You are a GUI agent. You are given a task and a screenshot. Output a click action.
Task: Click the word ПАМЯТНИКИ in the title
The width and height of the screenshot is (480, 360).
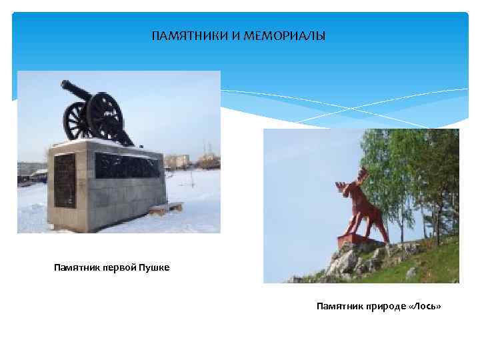point(190,35)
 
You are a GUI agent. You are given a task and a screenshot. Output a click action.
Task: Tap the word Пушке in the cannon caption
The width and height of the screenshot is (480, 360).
point(155,268)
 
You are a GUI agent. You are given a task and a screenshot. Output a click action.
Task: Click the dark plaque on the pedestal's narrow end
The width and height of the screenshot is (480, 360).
point(64,180)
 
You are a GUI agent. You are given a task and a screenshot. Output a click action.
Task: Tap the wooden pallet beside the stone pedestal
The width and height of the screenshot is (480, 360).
point(166,208)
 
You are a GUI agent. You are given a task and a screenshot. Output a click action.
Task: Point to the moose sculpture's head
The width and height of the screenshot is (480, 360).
point(346,191)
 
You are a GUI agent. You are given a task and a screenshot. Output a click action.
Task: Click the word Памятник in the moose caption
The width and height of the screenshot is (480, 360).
point(337,306)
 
